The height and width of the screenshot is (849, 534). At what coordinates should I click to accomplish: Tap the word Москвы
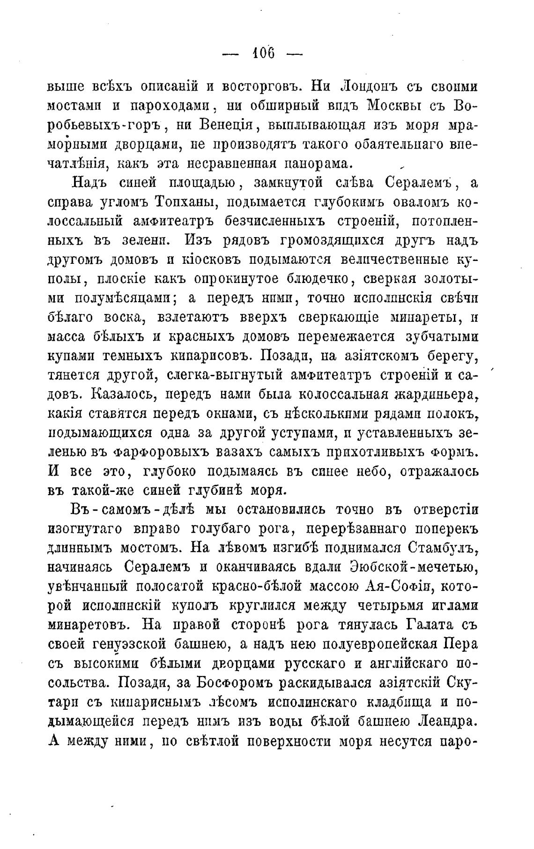(399, 107)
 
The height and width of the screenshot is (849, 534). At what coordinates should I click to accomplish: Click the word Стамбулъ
(443, 547)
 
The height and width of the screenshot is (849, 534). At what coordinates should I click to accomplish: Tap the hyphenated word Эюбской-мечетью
(414, 566)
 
